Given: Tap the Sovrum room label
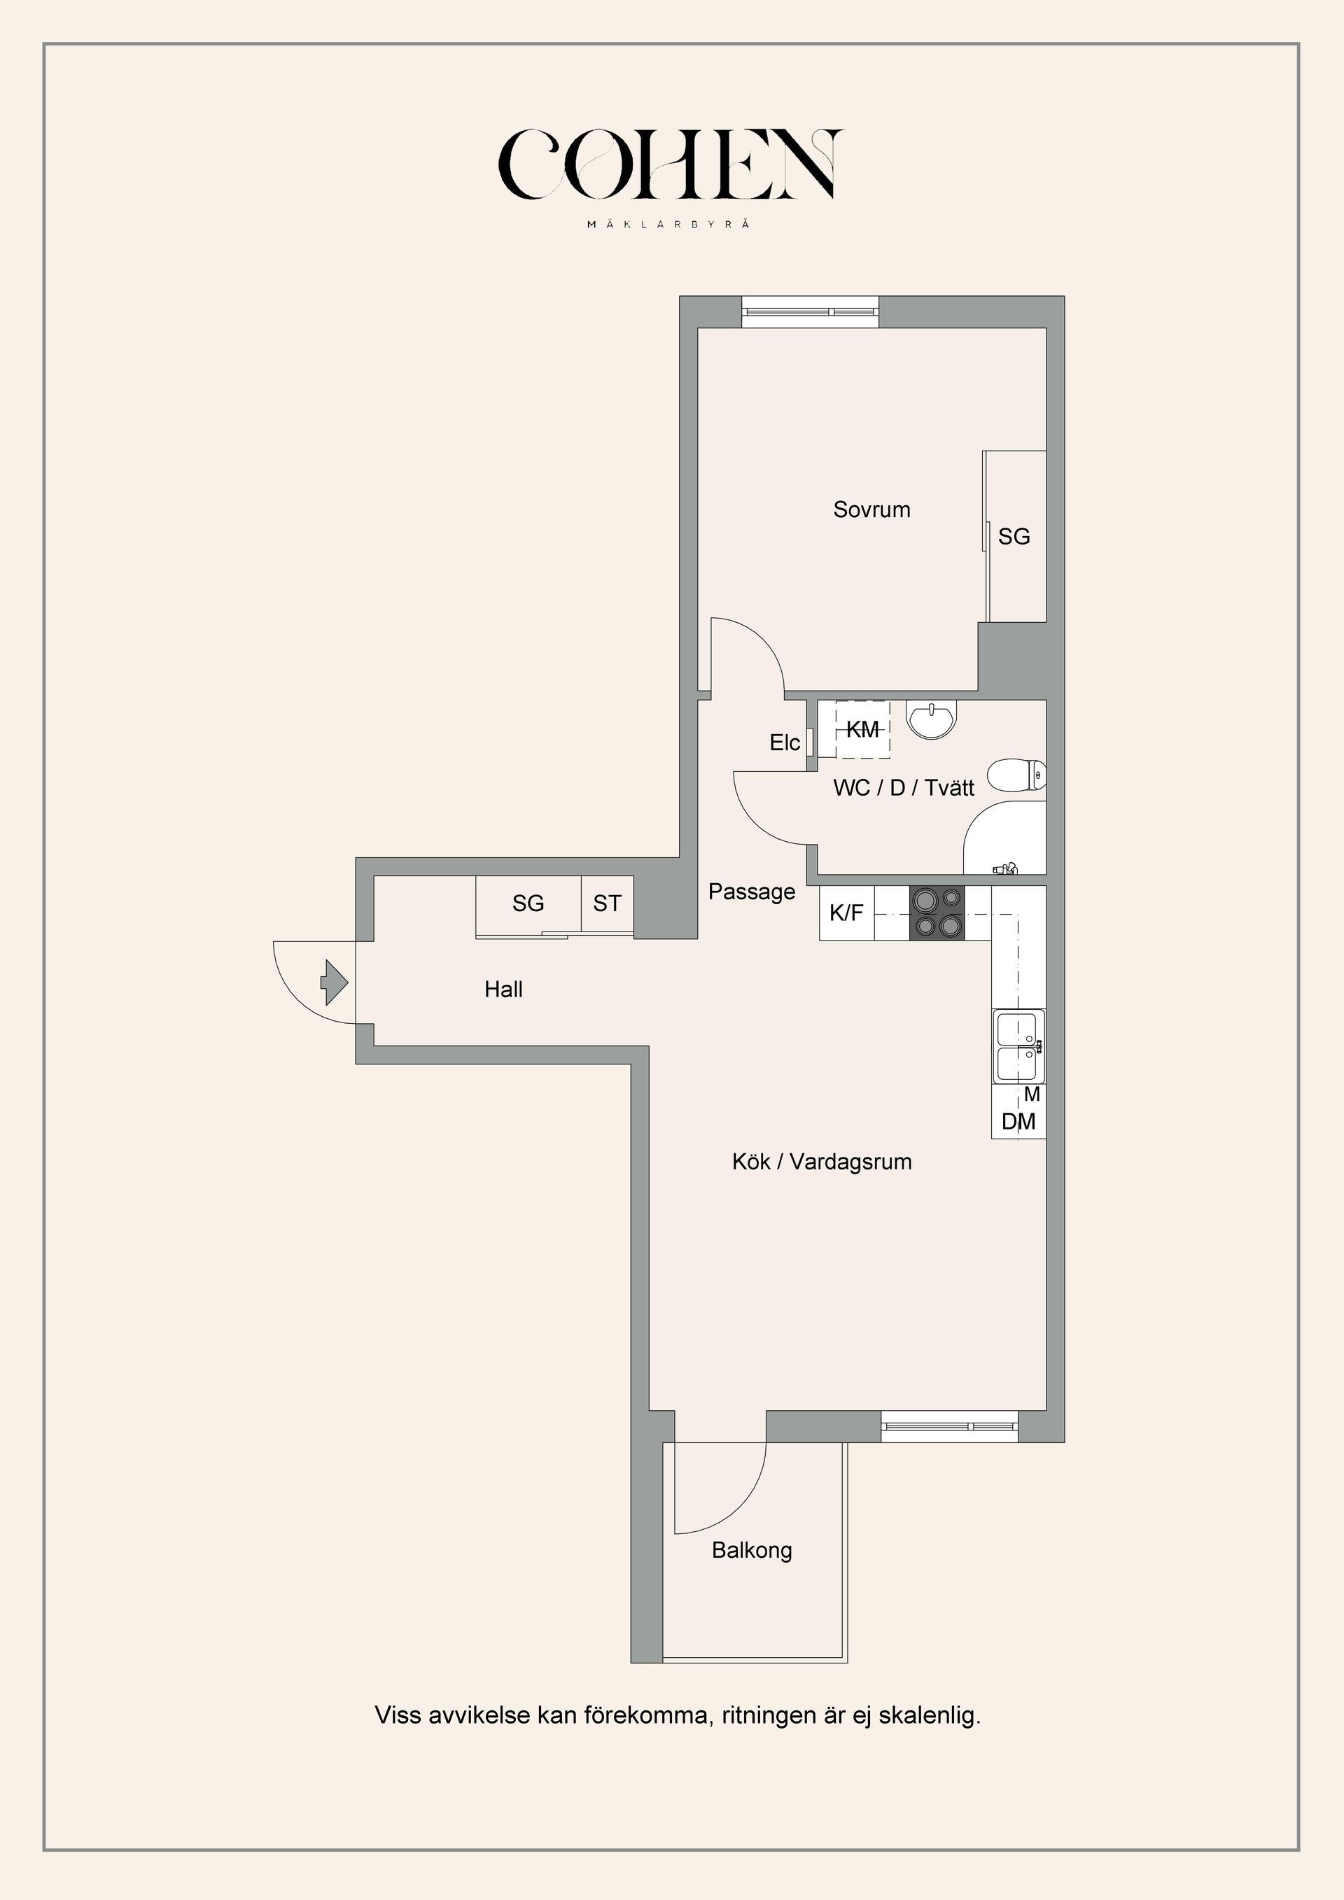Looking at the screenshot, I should click(x=871, y=509).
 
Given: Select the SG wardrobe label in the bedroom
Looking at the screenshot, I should click(x=1014, y=537).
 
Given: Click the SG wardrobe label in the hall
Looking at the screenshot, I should click(x=528, y=903).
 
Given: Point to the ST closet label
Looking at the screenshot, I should click(x=607, y=903).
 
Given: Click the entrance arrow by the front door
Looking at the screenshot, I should click(x=335, y=983).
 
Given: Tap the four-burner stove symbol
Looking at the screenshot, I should click(x=937, y=913).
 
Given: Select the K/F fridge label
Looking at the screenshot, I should click(x=846, y=913).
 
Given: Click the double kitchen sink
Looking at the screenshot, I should click(x=1018, y=1047).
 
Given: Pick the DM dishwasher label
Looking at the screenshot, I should click(x=1018, y=1122).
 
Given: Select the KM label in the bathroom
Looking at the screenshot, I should click(x=862, y=730).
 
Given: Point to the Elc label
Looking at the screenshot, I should click(x=785, y=743).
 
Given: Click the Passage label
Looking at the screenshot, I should click(x=751, y=892).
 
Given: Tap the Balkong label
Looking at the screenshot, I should click(x=751, y=1550).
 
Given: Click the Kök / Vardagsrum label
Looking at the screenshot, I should click(x=822, y=1162).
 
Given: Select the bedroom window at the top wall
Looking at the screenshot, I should click(x=809, y=312).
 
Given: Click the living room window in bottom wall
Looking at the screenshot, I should click(x=948, y=1426).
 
